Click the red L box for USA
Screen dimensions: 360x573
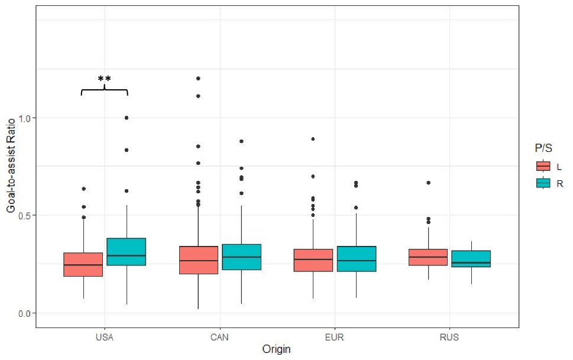83,264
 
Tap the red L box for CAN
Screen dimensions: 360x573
198,260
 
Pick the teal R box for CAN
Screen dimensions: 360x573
241,257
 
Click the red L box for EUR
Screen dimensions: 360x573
313,260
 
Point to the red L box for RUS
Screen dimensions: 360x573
428,257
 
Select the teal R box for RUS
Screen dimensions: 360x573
471,259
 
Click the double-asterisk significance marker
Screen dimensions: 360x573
105,79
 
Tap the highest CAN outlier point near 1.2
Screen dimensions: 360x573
198,78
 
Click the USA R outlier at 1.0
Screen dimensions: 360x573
127,118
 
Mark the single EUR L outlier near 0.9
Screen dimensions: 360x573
313,139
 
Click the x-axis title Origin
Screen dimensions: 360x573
277,349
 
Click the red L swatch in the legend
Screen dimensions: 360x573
543,166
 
